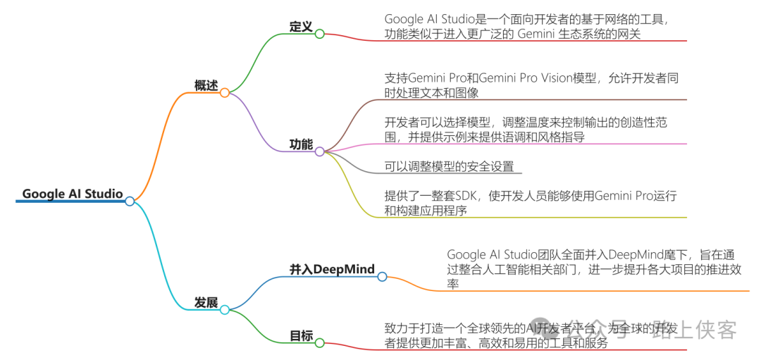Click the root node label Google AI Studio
pyautogui.click(x=72, y=194)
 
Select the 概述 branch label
pyautogui.click(x=206, y=85)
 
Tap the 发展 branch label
pyautogui.click(x=206, y=302)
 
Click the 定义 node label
pyautogui.click(x=301, y=26)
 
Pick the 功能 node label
pyautogui.click(x=301, y=144)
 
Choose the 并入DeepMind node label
pyautogui.click(x=332, y=269)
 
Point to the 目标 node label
pyautogui.click(x=301, y=335)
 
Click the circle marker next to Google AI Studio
pyautogui.click(x=130, y=201)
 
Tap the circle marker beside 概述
pyautogui.click(x=225, y=92)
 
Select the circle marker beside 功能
pyautogui.click(x=319, y=151)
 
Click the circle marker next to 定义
pyautogui.click(x=319, y=34)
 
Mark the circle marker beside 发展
pyautogui.click(x=225, y=309)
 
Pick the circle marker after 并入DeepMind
pyautogui.click(x=382, y=277)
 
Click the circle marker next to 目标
pyautogui.click(x=319, y=343)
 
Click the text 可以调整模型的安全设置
pyautogui.click(x=450, y=166)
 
